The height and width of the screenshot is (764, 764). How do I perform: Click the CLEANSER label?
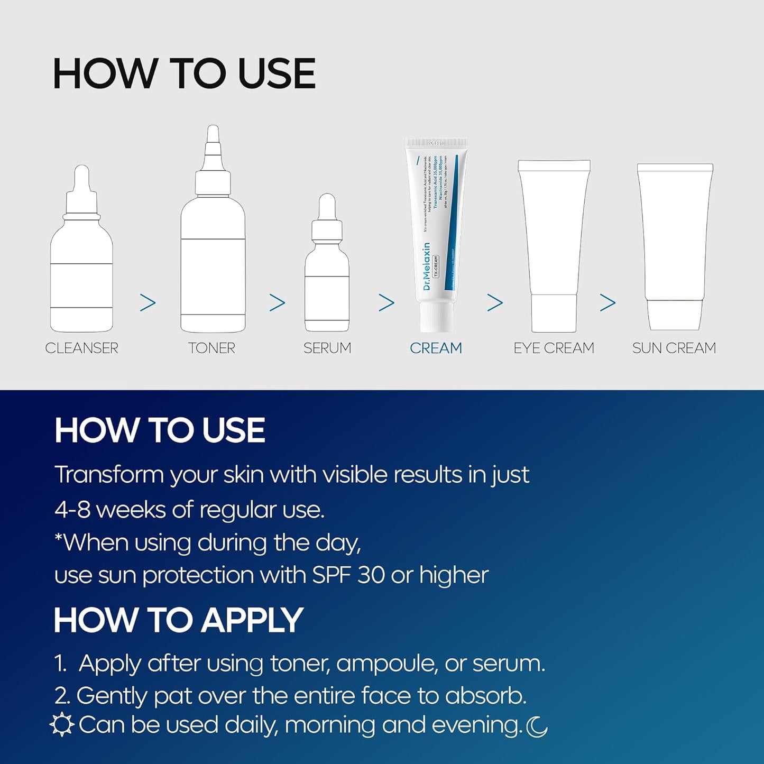point(81,348)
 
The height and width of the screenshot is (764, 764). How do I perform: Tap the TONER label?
point(211,348)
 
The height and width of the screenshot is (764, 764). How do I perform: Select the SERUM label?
point(327,348)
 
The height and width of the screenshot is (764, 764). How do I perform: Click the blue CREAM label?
point(436,348)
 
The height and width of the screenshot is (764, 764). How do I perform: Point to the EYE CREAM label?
point(554,348)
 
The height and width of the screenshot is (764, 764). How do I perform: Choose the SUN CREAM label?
point(674,348)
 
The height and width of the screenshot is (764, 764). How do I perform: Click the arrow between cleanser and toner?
point(148,302)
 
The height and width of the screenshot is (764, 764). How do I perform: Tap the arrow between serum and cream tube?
point(386,302)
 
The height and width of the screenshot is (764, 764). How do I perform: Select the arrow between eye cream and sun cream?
point(607,302)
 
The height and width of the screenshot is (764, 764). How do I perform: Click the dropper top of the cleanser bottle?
point(81,182)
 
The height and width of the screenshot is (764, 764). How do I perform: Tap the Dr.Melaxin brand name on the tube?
point(427,267)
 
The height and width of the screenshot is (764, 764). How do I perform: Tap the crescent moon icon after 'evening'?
point(537,726)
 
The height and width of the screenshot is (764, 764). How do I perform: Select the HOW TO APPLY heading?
point(178,620)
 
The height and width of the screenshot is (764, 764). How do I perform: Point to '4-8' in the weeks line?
point(73,510)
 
